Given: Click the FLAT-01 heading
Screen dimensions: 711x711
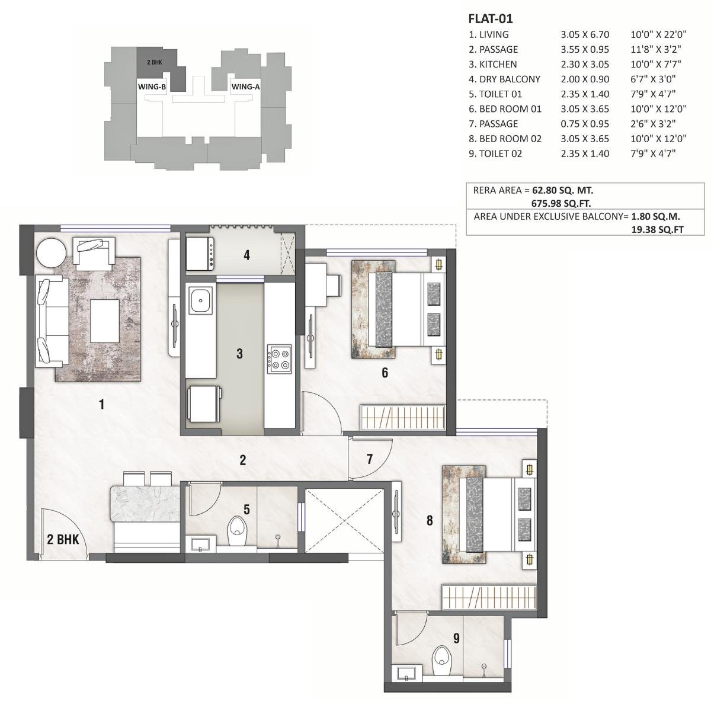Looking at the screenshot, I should click(490, 20).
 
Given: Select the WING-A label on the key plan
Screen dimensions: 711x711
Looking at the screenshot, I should click(245, 87).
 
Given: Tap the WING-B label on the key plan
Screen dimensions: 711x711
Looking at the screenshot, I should click(152, 87).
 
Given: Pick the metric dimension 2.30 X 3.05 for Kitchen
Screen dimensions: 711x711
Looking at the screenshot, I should click(585, 65).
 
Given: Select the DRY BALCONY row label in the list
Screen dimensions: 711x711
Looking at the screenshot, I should click(504, 79).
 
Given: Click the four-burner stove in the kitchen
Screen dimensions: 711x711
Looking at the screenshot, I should click(278, 358).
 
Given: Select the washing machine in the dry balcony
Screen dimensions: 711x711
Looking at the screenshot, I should click(199, 255).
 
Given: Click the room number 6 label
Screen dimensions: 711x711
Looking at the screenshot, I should click(385, 373).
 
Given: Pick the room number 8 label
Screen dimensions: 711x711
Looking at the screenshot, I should click(430, 521).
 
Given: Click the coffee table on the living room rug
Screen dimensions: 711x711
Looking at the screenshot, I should click(104, 321).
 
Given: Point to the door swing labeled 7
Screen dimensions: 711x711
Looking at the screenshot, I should click(369, 459).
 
